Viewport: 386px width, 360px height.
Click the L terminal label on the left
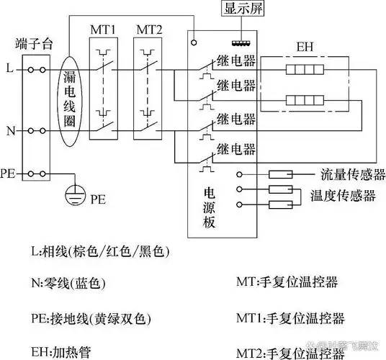[9, 69]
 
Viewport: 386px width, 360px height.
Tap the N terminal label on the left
[9, 131]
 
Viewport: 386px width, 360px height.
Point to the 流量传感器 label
[352, 174]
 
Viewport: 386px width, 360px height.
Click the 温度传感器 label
[343, 194]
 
